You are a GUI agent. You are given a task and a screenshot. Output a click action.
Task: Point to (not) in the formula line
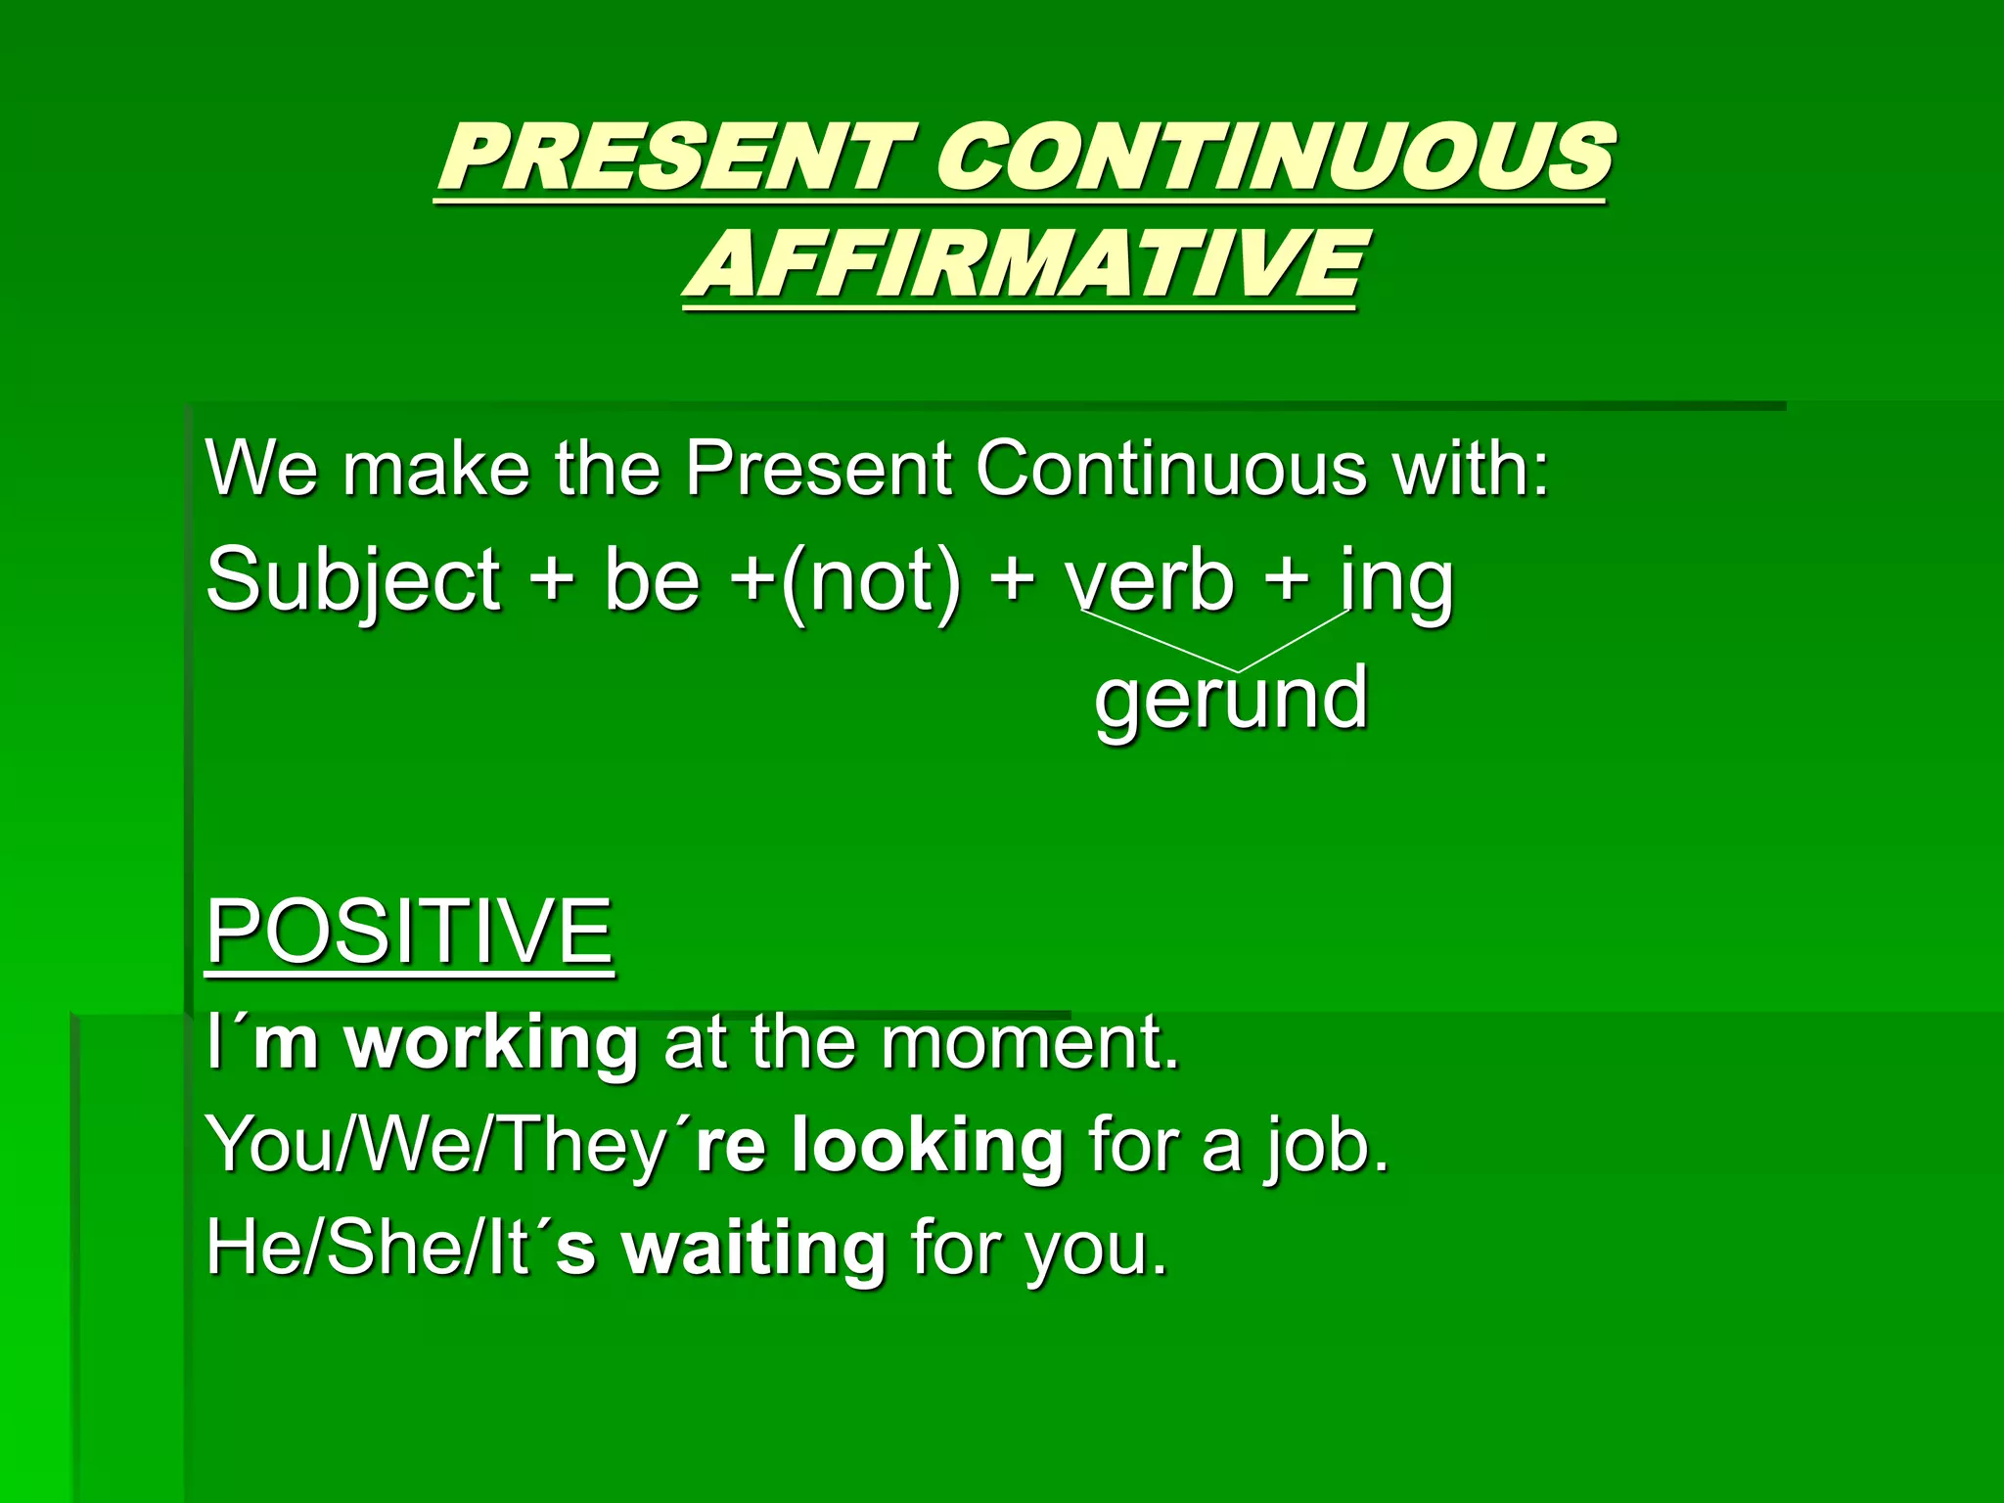871,581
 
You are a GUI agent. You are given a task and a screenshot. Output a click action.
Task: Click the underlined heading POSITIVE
409,931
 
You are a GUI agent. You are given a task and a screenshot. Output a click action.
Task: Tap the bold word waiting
754,1250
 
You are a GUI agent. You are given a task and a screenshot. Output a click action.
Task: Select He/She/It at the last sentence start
368,1250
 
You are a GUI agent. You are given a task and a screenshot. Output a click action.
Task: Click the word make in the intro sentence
436,468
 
